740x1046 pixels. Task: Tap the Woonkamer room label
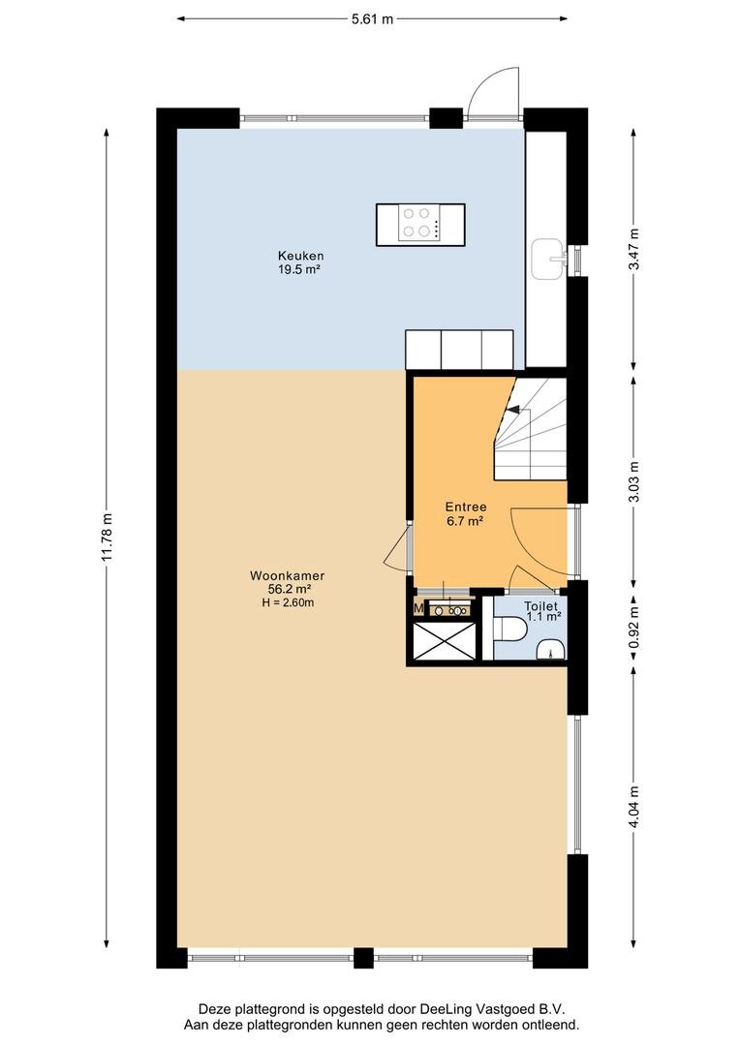tap(287, 575)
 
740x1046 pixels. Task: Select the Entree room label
tap(466, 507)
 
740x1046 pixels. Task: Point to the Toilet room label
tap(540, 606)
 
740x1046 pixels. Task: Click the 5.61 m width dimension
tap(372, 18)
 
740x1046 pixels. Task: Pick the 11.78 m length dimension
tap(107, 538)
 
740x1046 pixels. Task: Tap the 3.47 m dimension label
tap(633, 249)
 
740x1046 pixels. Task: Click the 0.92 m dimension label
tap(633, 627)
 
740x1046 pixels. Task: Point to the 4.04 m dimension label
tap(633, 807)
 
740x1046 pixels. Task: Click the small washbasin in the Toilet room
tap(551, 649)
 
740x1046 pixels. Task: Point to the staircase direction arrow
tap(513, 410)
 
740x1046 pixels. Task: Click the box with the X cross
tap(446, 641)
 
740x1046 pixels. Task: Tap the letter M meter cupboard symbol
tap(419, 607)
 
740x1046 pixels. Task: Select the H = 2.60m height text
tap(288, 602)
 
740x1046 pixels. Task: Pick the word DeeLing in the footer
tap(443, 1010)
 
